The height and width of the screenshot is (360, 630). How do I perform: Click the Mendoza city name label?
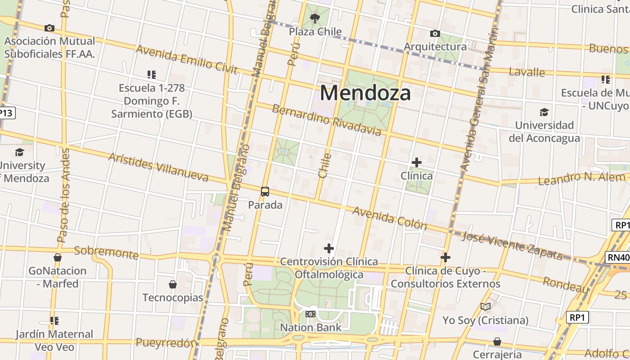click(x=365, y=93)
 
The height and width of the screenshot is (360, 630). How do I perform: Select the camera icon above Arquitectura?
click(x=435, y=34)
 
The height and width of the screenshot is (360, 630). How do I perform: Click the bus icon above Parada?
click(x=265, y=192)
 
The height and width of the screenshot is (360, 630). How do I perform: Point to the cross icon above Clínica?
click(x=417, y=162)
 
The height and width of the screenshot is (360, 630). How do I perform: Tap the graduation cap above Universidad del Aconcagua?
click(x=544, y=112)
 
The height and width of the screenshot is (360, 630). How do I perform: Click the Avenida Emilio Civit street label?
click(x=186, y=59)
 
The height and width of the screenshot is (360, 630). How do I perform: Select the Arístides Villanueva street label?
click(x=158, y=166)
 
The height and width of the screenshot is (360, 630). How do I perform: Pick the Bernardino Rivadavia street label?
click(x=327, y=120)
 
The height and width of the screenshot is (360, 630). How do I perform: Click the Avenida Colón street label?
click(x=389, y=218)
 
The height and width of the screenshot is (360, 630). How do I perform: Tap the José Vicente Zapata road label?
click(x=512, y=246)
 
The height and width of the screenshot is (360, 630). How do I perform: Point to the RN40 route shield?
click(x=618, y=257)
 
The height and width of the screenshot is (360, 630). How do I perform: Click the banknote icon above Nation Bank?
click(x=310, y=314)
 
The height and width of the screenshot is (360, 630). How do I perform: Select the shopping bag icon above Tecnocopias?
click(x=173, y=284)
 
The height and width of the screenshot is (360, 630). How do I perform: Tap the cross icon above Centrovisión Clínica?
click(x=329, y=248)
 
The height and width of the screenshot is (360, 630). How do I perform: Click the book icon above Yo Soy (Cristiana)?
click(x=485, y=307)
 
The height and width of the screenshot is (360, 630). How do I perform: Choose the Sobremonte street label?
click(x=106, y=252)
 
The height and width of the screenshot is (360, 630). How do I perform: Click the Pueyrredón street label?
click(x=166, y=343)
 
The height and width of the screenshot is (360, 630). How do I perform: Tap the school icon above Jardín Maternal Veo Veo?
click(x=54, y=321)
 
